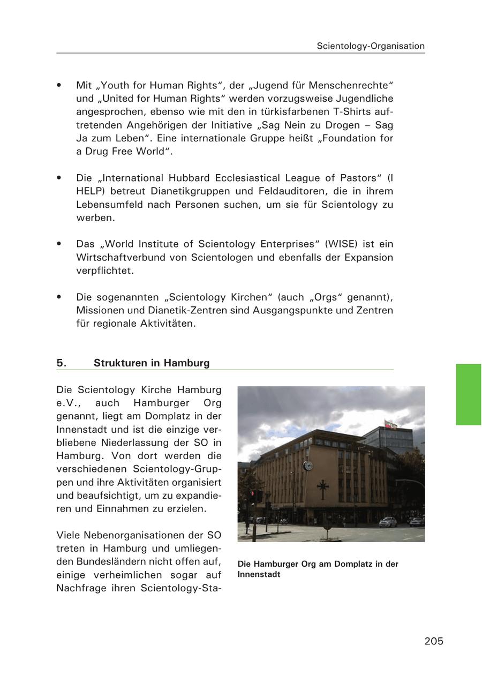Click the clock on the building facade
click(308, 465)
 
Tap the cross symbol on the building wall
click(323, 488)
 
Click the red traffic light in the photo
click(252, 493)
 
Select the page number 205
click(434, 641)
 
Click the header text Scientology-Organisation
click(371, 46)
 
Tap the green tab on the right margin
click(468, 394)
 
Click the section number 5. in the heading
click(62, 363)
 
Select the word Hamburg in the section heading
click(186, 363)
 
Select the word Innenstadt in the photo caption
click(259, 575)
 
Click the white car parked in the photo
click(388, 521)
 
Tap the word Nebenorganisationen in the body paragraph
click(137, 535)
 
